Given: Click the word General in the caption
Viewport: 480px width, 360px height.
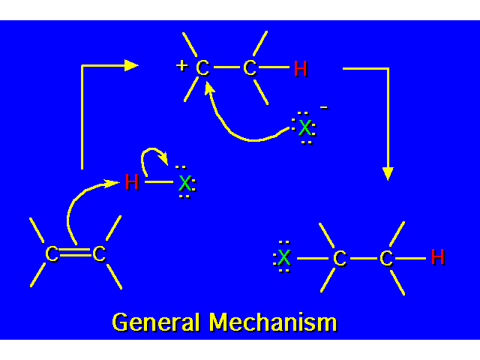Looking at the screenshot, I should click(x=156, y=322).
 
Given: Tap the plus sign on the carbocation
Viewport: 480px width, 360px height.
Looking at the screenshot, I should click(x=181, y=65).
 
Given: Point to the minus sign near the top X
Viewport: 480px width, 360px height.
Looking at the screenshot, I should click(x=323, y=108).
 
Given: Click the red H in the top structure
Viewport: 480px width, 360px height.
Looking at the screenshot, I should click(x=301, y=69).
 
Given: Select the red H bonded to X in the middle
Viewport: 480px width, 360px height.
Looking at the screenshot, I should click(x=132, y=181).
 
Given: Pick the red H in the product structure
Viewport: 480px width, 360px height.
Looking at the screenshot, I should click(x=438, y=257).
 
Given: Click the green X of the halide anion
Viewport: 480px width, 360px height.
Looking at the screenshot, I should click(x=304, y=127).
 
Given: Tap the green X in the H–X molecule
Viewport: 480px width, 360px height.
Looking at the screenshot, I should click(x=184, y=182).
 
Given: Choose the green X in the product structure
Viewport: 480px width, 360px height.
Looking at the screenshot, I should click(x=284, y=259).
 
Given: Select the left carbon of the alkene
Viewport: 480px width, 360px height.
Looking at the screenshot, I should click(x=51, y=254).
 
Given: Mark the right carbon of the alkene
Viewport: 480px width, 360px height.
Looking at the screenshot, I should click(x=99, y=254).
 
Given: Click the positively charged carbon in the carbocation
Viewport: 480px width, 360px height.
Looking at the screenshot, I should click(x=202, y=68).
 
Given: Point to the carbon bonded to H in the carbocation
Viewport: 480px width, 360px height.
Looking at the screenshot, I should click(x=250, y=68).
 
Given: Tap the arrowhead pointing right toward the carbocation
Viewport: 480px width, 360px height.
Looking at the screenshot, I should click(x=132, y=65).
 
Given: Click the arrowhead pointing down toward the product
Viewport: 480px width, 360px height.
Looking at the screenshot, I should click(x=387, y=173).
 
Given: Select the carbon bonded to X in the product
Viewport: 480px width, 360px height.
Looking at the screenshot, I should click(x=340, y=259).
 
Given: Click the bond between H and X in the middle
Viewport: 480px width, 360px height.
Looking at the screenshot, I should click(x=158, y=181).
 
